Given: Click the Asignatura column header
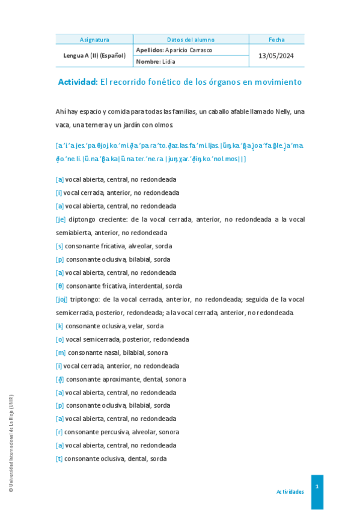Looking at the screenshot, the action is [x=94, y=40].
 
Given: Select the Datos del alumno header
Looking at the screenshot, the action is [x=191, y=40].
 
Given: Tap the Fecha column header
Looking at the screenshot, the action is [x=276, y=40].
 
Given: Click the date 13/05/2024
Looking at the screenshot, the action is [x=276, y=55].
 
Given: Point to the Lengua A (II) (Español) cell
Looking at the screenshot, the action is [x=94, y=55].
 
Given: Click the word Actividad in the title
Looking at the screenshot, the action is [x=78, y=82].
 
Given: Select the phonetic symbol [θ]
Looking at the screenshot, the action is [x=59, y=286].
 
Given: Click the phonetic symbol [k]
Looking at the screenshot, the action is [x=59, y=326].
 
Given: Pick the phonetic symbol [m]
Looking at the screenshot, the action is [x=60, y=352].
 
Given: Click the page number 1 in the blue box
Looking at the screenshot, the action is [x=317, y=485].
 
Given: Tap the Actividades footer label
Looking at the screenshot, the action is [x=290, y=492].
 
